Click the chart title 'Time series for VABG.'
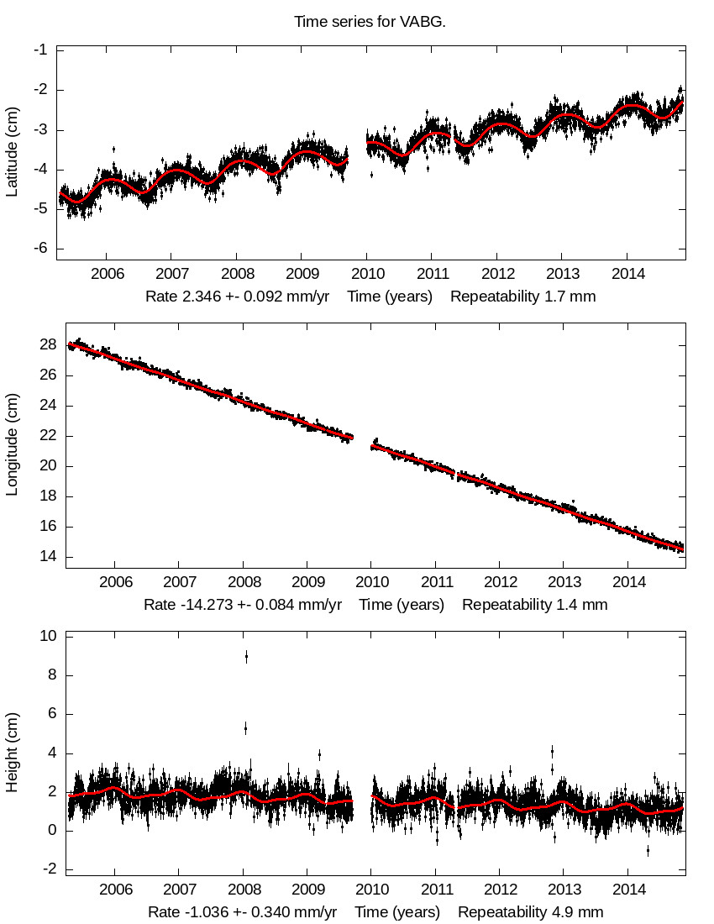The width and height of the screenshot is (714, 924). coord(370,21)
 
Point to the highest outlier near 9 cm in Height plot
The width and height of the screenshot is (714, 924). coord(246,656)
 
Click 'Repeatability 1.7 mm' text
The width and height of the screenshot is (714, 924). coord(522,297)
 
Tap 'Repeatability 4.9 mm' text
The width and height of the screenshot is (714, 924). coord(530,912)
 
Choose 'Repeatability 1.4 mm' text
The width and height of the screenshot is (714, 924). coord(534,605)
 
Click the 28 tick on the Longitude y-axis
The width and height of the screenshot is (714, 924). coord(48,345)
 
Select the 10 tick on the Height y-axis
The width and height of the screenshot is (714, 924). coord(48,637)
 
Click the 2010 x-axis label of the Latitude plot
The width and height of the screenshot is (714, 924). coord(366,274)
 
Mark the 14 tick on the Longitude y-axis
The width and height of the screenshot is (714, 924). coord(48,557)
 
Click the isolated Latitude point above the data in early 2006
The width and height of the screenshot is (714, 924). coord(113,149)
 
